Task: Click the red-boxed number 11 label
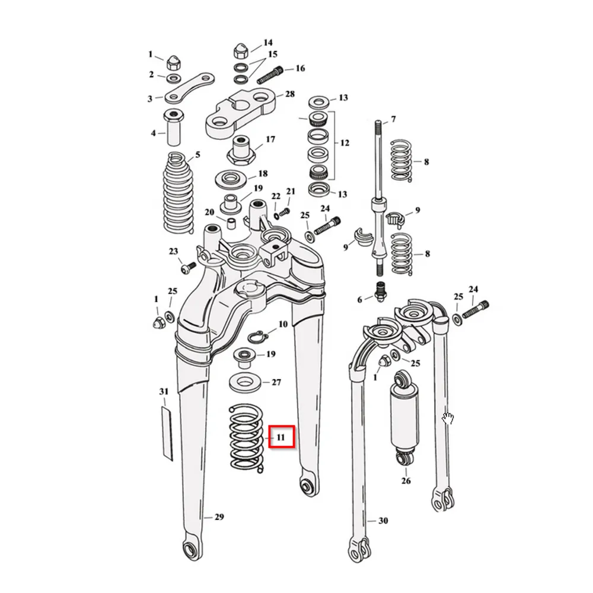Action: tap(281, 437)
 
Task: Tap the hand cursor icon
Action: tap(448, 419)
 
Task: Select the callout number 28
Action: tap(290, 94)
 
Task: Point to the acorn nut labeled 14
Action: tap(240, 51)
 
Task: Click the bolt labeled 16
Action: tap(270, 75)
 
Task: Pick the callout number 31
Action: tap(164, 391)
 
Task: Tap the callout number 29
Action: tap(219, 517)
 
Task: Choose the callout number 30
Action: tap(383, 521)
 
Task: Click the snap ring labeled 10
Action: tap(257, 336)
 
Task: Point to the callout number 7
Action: tap(393, 119)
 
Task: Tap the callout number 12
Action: tap(345, 143)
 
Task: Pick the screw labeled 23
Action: tap(187, 268)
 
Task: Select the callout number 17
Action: tap(270, 139)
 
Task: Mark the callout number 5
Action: tap(198, 155)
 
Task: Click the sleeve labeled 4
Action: tap(174, 127)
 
